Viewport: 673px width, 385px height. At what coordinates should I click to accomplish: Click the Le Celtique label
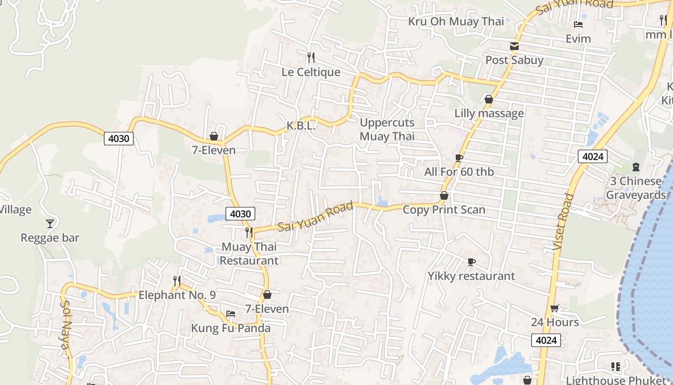tap(311, 72)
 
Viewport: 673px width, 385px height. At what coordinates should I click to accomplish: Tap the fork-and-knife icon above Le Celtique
tap(311, 58)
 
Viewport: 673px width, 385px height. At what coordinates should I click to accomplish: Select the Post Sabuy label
tap(514, 60)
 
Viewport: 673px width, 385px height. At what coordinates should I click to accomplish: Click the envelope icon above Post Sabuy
tap(514, 46)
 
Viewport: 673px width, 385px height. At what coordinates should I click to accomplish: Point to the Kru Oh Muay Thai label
tap(456, 21)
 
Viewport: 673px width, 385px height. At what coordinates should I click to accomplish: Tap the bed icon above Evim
tap(578, 25)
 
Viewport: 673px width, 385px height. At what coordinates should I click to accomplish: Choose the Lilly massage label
tap(489, 114)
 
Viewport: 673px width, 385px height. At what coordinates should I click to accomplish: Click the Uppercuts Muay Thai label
tap(387, 129)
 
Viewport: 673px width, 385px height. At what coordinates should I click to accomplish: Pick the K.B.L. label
tap(301, 126)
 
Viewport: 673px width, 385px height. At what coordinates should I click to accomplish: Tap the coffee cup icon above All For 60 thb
tap(459, 158)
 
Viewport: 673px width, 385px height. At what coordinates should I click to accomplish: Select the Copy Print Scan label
tap(444, 210)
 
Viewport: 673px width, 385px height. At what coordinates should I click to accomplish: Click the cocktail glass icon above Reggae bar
tap(50, 223)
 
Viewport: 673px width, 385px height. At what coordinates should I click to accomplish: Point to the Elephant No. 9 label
tap(177, 295)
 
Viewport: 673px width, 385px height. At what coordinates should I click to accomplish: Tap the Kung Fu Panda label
tap(231, 328)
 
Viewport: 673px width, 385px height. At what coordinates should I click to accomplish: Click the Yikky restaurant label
tap(471, 276)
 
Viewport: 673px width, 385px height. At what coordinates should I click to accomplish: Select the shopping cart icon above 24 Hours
tap(554, 308)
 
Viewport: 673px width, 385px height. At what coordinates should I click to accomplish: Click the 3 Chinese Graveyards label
tap(636, 188)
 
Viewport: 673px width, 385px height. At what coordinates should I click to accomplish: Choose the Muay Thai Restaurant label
tap(249, 254)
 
